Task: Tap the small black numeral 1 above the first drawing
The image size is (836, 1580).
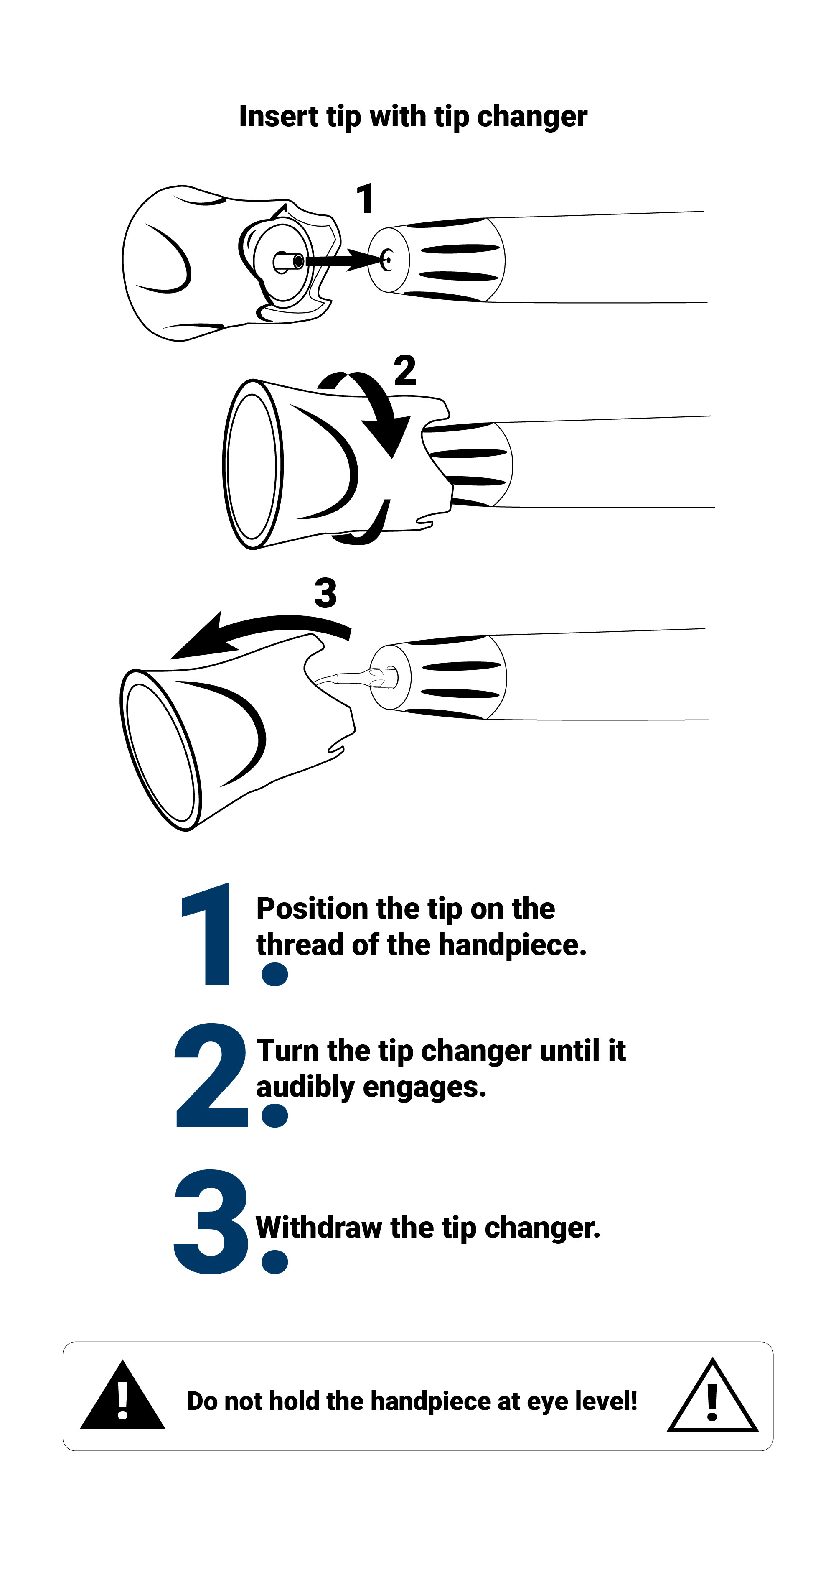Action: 365,198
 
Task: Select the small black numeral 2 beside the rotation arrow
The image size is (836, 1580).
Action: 404,370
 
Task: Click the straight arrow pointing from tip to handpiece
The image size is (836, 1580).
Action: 343,260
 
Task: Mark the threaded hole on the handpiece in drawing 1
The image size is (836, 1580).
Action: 387,260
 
